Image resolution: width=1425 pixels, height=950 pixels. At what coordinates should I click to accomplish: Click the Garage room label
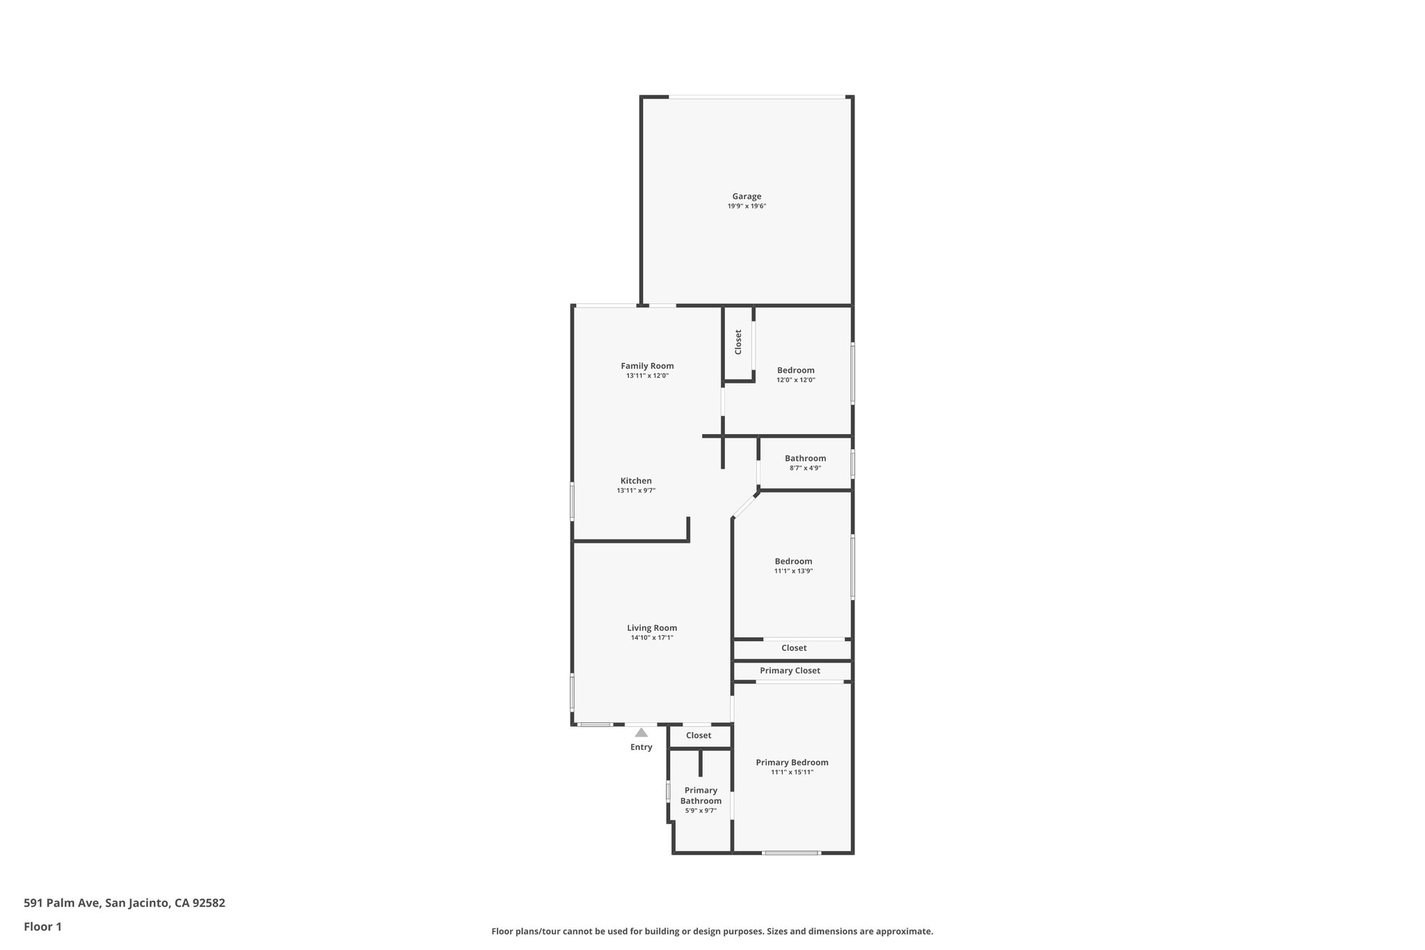point(747,196)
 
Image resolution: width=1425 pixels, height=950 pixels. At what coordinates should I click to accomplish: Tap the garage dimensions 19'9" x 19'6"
point(747,207)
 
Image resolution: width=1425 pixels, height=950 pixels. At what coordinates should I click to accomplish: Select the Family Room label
point(647,366)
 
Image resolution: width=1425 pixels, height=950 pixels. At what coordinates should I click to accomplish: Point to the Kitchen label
point(636,481)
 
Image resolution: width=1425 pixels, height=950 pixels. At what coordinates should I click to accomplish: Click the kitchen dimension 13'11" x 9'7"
point(636,491)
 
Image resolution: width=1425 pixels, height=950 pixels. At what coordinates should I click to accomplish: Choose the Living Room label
point(652,628)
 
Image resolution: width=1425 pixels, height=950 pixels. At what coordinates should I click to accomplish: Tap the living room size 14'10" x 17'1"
point(652,638)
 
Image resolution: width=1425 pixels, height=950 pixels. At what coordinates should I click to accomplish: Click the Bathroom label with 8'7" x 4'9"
point(805,459)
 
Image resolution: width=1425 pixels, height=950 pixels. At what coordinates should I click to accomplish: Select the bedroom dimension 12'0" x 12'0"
point(795,380)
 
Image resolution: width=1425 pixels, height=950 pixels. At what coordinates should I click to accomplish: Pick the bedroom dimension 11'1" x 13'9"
point(793,571)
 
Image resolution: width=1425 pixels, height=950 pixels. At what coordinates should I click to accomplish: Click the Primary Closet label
point(790,671)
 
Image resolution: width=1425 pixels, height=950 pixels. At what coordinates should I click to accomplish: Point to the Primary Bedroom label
point(792,763)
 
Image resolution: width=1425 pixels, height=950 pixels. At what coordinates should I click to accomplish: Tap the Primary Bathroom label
point(701,795)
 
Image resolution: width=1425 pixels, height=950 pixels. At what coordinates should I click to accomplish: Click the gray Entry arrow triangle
point(641,732)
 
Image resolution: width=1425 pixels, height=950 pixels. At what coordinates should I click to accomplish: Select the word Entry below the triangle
point(641,747)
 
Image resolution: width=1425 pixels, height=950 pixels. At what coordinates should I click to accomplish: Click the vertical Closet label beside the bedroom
point(738,342)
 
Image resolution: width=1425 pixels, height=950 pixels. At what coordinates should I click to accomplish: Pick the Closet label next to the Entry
point(699,736)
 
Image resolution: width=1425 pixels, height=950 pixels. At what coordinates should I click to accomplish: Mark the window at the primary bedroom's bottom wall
point(791,853)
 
